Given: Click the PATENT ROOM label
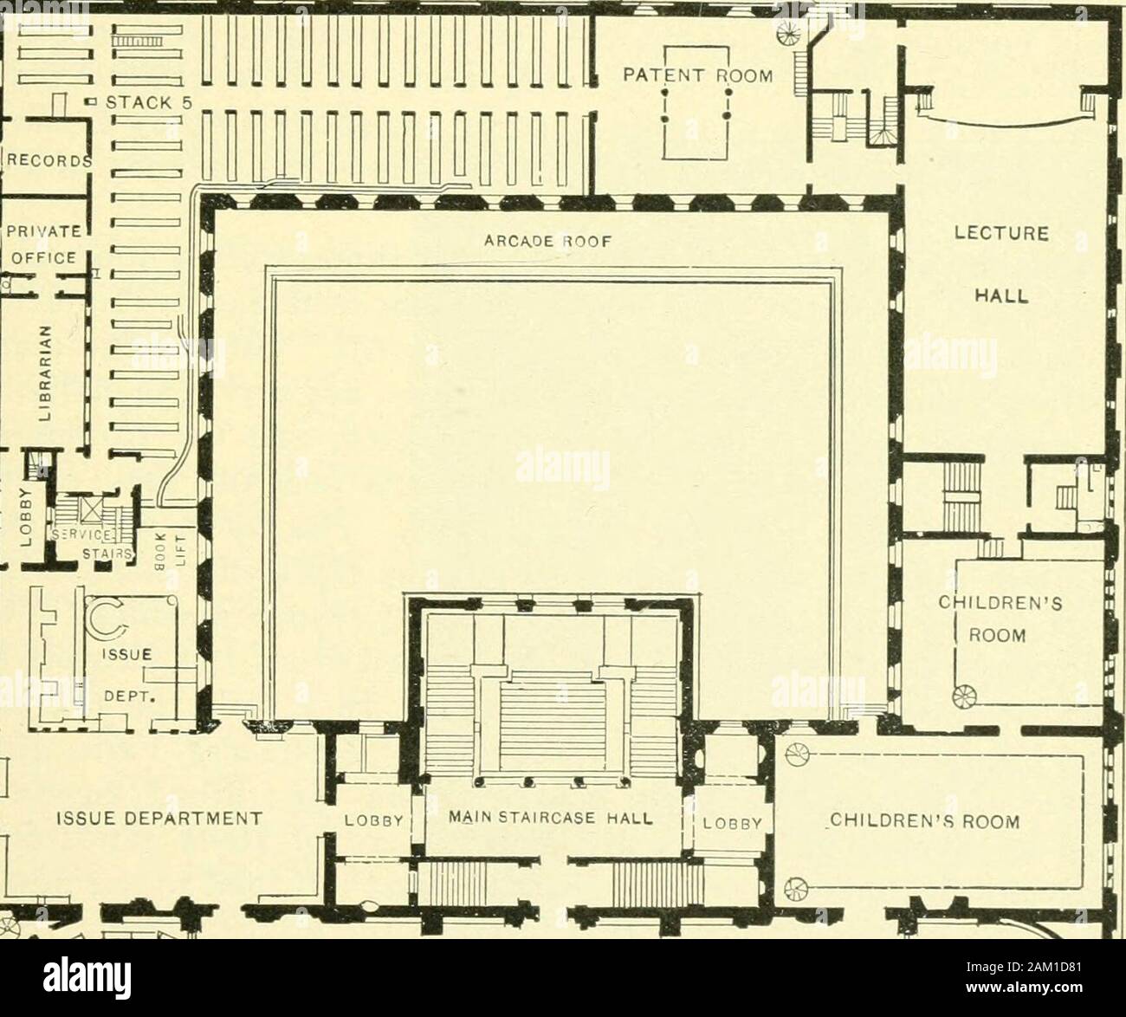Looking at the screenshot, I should coord(699,75).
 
